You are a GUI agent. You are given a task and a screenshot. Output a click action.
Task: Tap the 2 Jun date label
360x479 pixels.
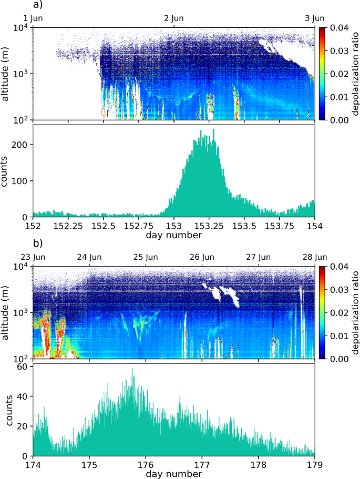click(173, 18)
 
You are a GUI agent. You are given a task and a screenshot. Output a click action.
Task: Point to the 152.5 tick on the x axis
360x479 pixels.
click(103, 226)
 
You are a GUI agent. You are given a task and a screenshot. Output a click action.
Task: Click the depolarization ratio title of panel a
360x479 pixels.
click(354, 74)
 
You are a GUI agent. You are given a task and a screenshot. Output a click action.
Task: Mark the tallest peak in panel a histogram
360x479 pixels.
click(213, 130)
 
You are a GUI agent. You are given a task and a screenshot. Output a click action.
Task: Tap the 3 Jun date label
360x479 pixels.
click(314, 18)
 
